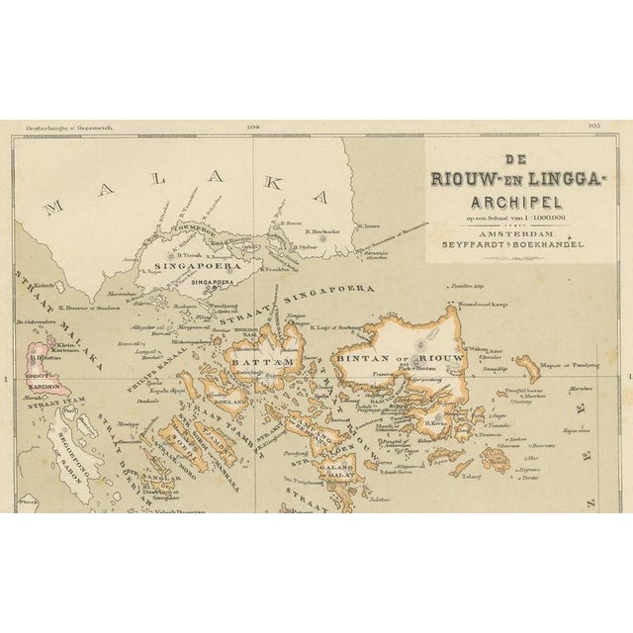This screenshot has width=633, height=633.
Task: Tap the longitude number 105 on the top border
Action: click(x=593, y=126)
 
